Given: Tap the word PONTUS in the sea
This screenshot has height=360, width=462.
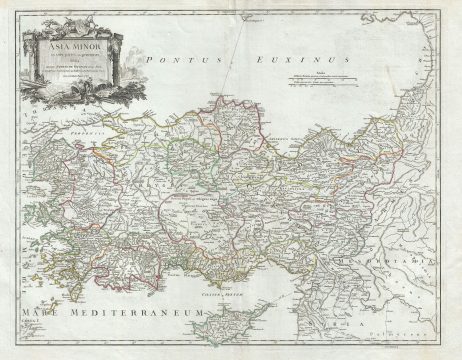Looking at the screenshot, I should coord(169,62).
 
